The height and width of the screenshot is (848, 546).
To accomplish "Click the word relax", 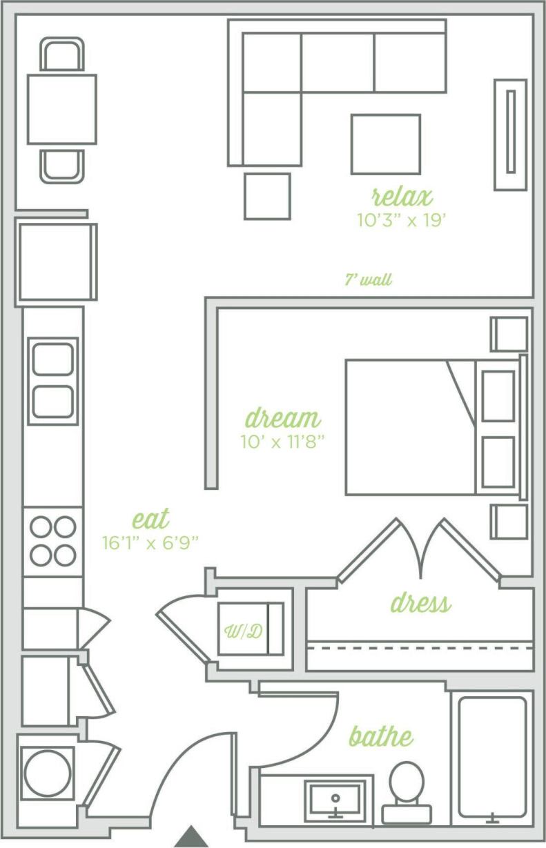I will pos(402,197).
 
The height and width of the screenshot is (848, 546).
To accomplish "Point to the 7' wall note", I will pos(369,280).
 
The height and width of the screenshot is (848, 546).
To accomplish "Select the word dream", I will pos(283,418).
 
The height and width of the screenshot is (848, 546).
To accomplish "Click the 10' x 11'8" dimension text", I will pos(282,442).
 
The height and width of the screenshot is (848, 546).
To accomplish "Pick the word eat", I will pos(150,519).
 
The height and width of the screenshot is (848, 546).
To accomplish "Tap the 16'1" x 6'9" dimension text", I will pos(150,542).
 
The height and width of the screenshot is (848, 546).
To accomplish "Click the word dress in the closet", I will pos(420,604).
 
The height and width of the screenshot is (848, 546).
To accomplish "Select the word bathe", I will pos(381,736).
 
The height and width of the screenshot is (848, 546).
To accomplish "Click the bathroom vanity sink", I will pos(335,799).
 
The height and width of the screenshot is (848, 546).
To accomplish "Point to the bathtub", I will pos(491,759).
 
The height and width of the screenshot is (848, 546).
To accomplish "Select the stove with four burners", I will pos(53,541).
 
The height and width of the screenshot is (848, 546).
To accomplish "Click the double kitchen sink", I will pos(53,380).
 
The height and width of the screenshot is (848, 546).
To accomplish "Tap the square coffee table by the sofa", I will pos(385,144).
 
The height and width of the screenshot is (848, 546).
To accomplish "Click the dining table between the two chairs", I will pos(61,109).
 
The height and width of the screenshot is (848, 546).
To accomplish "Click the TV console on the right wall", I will pos(510,134).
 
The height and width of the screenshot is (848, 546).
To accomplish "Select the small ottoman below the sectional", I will pos(266,196).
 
